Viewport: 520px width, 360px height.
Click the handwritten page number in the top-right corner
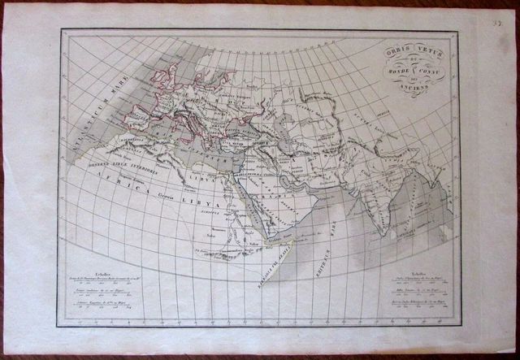(x=496, y=11)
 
